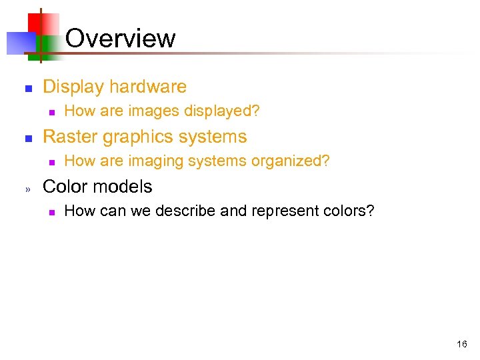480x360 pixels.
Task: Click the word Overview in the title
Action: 121,38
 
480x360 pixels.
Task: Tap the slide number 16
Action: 462,345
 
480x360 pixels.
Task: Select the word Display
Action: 73,87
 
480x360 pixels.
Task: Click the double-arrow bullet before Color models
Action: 28,188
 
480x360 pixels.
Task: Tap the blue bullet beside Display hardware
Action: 28,88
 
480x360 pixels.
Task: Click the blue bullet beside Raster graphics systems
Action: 28,138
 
